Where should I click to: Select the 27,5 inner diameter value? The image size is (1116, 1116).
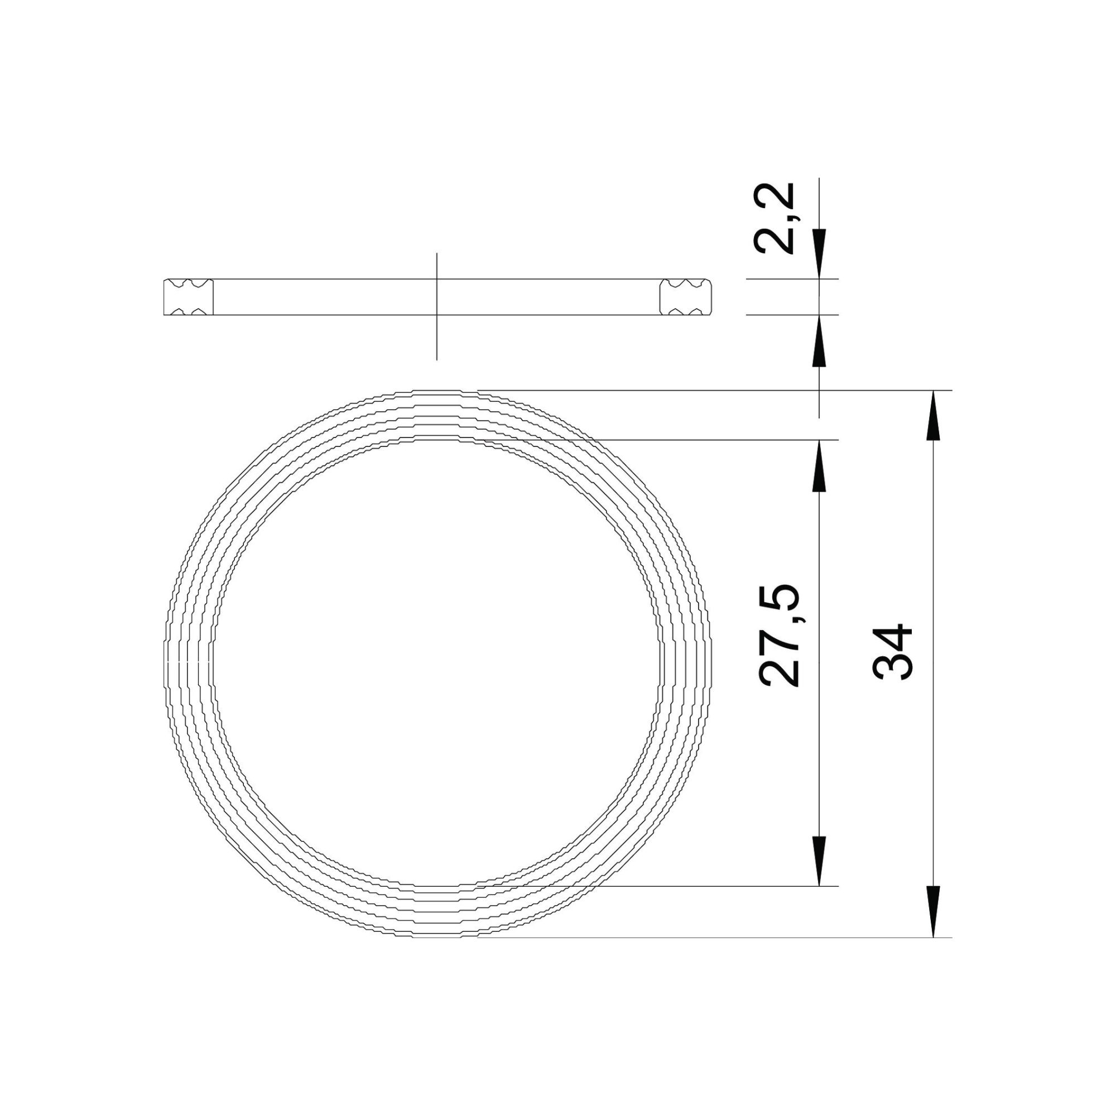[x=778, y=636]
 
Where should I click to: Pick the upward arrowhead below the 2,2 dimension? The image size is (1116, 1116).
[x=819, y=340]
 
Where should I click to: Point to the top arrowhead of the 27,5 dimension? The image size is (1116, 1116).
[x=819, y=465]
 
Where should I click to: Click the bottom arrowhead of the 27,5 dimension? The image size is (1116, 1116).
[x=819, y=877]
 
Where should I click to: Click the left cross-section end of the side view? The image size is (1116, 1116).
[x=188, y=297]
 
